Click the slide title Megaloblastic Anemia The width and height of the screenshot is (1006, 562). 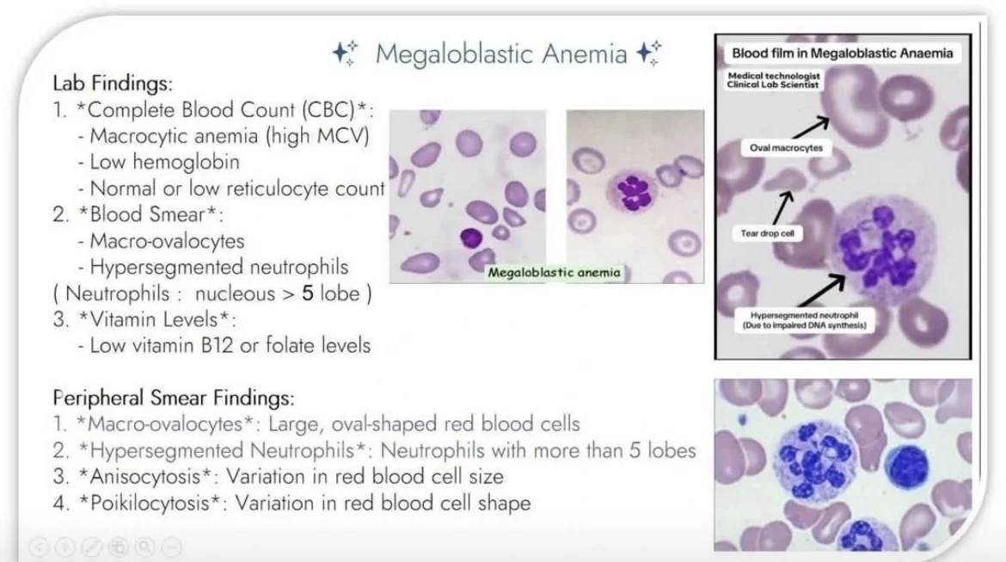tap(501, 53)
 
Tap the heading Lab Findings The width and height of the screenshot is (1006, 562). tap(113, 83)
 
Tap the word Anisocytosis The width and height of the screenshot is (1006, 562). tap(145, 477)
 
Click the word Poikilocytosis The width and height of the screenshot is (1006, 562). tap(150, 503)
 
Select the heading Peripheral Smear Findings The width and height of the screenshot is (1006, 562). tap(173, 398)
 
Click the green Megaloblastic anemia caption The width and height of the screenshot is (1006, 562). tap(555, 272)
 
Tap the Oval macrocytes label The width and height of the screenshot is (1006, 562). tap(786, 148)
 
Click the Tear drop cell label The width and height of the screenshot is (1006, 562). tap(767, 233)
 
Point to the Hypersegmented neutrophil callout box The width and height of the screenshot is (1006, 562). tap(804, 320)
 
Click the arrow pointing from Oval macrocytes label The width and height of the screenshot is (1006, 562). tap(811, 128)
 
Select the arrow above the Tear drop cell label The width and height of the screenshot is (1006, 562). tap(782, 208)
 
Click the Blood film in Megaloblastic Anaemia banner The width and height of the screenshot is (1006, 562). tap(843, 53)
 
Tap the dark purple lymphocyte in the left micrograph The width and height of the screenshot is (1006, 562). tap(471, 238)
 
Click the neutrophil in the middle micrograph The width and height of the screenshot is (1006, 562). tap(633, 191)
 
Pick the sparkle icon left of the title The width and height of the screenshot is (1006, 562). tap(345, 52)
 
